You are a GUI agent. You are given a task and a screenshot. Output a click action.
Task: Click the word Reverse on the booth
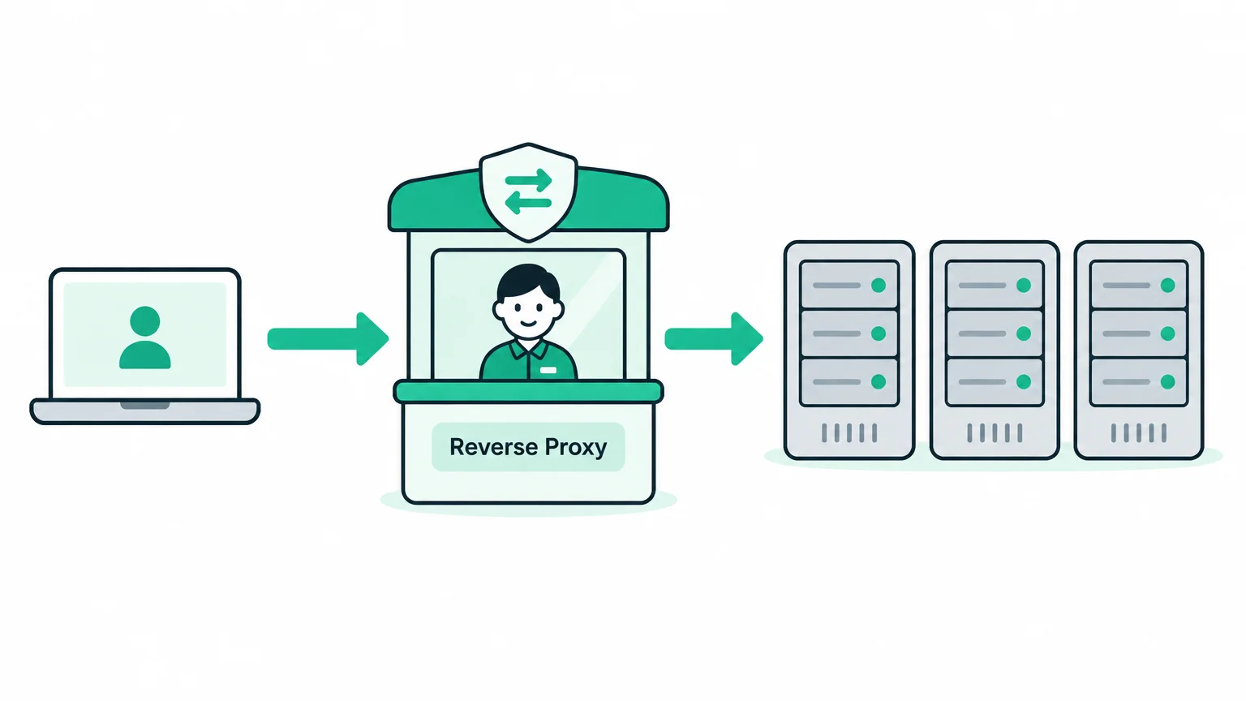click(493, 447)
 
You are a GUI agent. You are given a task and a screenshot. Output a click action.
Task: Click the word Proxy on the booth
click(576, 448)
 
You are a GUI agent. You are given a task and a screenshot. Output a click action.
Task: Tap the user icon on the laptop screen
click(144, 338)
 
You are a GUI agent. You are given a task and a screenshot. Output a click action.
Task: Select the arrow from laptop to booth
click(328, 339)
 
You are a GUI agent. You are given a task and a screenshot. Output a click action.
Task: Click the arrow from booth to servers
click(714, 339)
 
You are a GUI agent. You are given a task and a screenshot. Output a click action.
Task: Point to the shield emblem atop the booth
click(528, 192)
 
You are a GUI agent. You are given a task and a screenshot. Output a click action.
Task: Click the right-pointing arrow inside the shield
click(528, 180)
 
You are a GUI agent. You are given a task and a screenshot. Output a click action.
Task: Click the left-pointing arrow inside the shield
click(528, 203)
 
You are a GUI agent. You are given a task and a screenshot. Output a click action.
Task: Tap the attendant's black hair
click(528, 281)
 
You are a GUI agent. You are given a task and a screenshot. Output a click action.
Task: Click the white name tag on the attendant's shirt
click(548, 370)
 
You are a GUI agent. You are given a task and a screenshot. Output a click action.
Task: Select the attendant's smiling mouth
click(528, 323)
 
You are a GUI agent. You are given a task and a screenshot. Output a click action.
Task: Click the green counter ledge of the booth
click(528, 392)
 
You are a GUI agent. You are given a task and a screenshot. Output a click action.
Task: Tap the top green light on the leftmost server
click(879, 286)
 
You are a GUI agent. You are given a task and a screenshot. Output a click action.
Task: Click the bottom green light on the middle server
click(1024, 381)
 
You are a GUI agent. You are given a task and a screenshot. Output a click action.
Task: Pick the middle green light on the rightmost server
click(1167, 333)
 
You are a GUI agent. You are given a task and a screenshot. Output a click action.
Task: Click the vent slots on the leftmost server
click(849, 432)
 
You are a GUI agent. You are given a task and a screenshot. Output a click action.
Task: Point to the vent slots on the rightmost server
click(1139, 432)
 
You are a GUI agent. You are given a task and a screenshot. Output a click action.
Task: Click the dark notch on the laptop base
click(144, 405)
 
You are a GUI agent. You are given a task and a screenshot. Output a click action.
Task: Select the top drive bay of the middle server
click(995, 285)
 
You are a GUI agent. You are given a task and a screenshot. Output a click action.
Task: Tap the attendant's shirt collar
click(528, 350)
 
